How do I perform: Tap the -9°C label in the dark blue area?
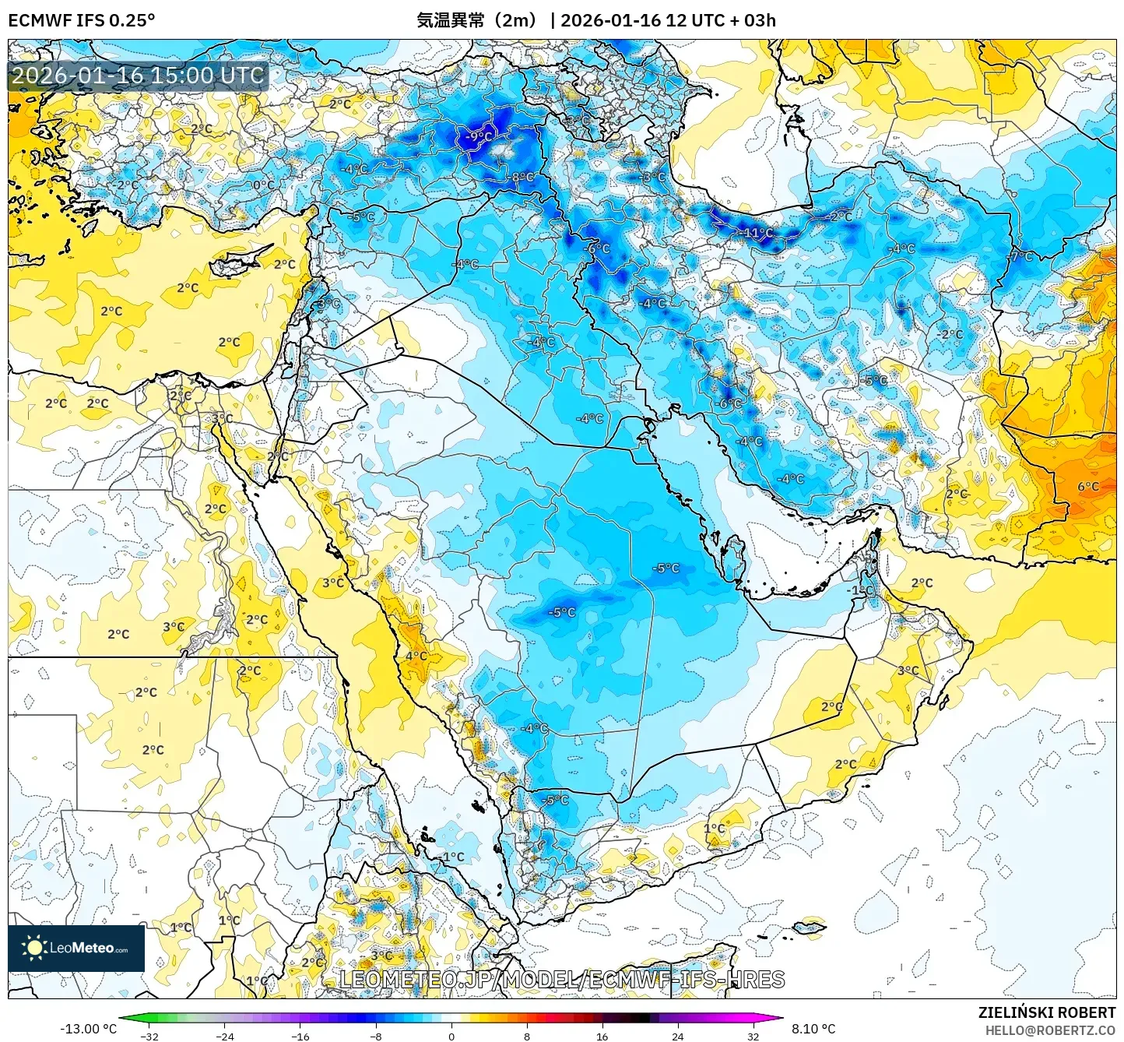[x=479, y=136]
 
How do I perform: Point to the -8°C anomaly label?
[x=522, y=178]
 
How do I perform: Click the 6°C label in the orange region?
[x=1088, y=487]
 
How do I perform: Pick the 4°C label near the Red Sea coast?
[x=416, y=656]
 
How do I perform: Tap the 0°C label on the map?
[x=263, y=185]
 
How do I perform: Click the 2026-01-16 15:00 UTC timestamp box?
[x=139, y=76]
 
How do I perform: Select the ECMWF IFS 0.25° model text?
[x=82, y=20]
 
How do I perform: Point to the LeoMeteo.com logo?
[x=76, y=948]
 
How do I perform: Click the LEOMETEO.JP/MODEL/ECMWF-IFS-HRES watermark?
[x=562, y=980]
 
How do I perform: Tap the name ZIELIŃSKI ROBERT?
[x=1047, y=1012]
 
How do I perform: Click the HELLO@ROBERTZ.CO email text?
[x=1050, y=1030]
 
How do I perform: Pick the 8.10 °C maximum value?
[x=813, y=1029]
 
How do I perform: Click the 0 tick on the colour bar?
[x=451, y=1037]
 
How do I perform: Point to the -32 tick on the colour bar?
[x=149, y=1037]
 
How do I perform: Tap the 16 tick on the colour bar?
[x=602, y=1037]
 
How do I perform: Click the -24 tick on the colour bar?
[x=225, y=1037]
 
